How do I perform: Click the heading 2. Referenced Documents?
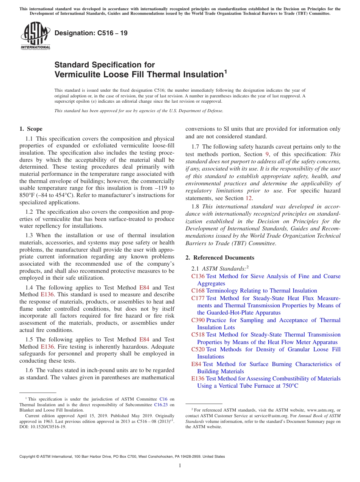coord(220,258)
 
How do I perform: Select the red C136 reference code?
coord(198,276)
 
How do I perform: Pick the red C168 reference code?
coord(198,291)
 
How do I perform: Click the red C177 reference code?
coord(198,298)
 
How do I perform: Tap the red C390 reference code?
coord(198,320)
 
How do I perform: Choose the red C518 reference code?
coord(198,335)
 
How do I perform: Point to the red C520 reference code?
coord(198,349)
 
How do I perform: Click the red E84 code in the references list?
coord(196,364)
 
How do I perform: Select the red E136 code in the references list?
coord(198,379)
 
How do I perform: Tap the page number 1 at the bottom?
coord(180,466)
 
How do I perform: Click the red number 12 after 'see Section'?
coord(249,198)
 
